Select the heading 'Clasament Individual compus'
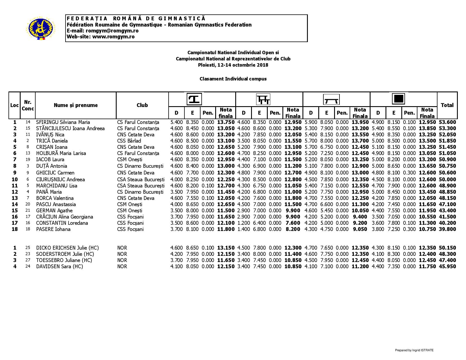click(x=233, y=79)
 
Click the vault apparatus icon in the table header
click(x=194, y=99)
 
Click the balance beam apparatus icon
click(x=331, y=100)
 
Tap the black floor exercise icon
click(x=399, y=99)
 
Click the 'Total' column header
click(x=447, y=105)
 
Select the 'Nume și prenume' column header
click(x=76, y=105)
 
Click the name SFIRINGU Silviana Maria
click(x=63, y=122)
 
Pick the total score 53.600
click(x=447, y=122)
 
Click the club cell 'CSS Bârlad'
click(x=129, y=141)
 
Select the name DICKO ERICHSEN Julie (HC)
click(x=67, y=248)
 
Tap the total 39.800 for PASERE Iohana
click(x=447, y=229)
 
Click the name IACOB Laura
click(x=50, y=160)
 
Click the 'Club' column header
click(x=142, y=105)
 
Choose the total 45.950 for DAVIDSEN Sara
click(x=447, y=267)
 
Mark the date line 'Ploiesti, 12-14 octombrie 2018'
click(x=233, y=65)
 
